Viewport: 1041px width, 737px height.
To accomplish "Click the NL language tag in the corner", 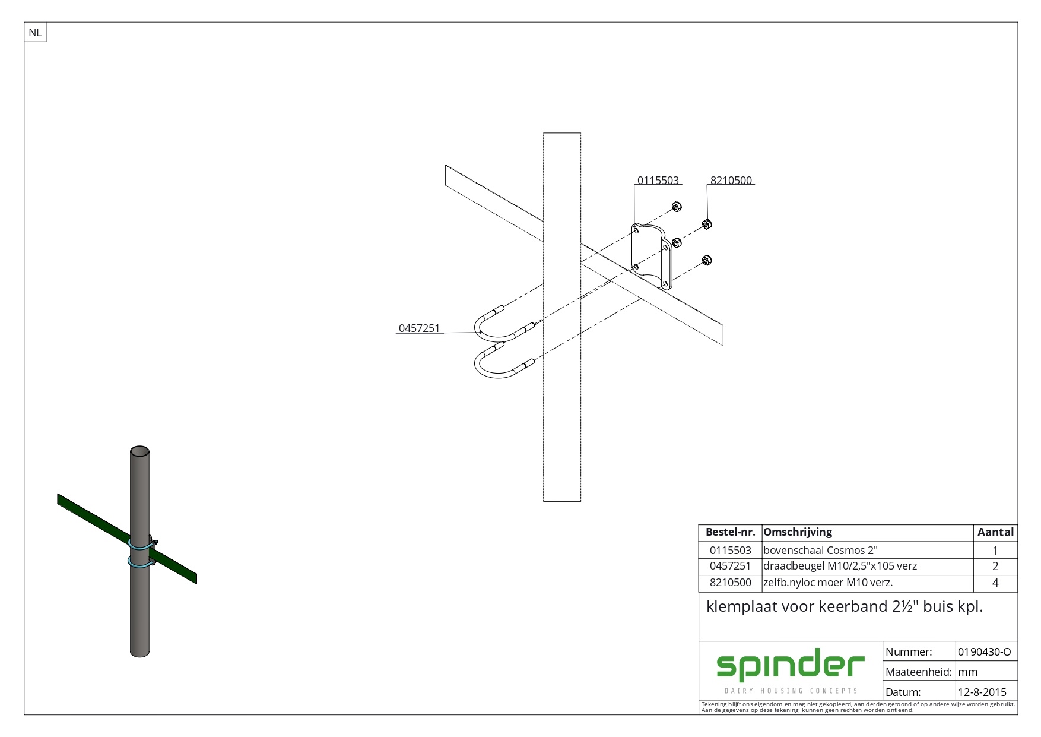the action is [x=35, y=33].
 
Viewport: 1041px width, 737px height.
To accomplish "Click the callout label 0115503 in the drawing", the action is [x=658, y=181].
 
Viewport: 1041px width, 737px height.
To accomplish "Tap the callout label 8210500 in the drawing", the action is [x=731, y=181].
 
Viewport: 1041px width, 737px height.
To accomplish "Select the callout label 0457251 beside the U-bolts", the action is [x=419, y=328].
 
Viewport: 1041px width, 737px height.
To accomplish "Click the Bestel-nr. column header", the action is [x=729, y=533].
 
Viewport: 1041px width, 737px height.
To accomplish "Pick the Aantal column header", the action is [x=995, y=533].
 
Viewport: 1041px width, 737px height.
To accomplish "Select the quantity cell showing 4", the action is [x=995, y=583].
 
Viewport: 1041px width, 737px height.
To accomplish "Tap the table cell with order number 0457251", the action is [x=730, y=567].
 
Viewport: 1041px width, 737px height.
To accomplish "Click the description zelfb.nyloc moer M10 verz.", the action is [x=828, y=583].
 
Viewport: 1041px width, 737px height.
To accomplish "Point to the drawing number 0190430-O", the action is [x=984, y=652].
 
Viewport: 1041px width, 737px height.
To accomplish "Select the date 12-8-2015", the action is [x=982, y=692].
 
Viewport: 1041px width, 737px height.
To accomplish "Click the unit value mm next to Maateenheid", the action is [x=967, y=672].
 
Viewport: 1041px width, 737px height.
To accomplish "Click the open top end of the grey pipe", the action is [x=139, y=451].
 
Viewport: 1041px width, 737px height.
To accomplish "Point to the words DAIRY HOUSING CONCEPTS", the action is [x=791, y=691].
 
